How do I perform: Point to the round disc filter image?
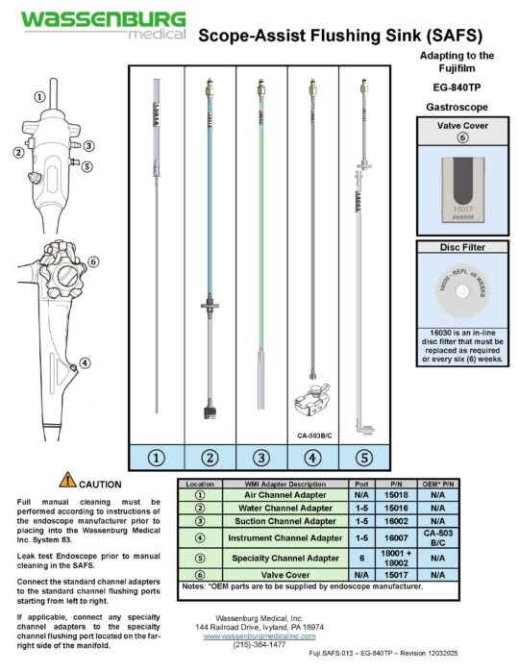pos(457,293)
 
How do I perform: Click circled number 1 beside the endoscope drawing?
pos(38,97)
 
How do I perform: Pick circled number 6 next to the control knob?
pos(93,261)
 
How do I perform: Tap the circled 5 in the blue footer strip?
pos(363,457)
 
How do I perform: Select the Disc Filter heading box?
pos(457,248)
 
